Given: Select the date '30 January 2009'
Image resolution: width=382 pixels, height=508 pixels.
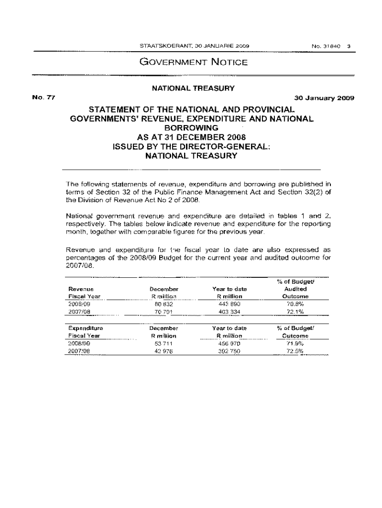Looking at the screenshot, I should coord(324,98).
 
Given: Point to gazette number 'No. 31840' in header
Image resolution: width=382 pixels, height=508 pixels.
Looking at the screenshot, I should coord(325,47).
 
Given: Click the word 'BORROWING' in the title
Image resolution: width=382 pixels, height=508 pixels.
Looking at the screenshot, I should coord(191,127).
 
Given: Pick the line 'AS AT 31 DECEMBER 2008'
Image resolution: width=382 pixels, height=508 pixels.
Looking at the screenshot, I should coord(191,137).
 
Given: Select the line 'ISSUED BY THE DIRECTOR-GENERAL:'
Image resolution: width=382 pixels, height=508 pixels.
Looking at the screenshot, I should coord(191,146).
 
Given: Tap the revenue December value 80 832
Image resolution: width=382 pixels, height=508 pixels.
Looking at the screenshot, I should coord(164,304).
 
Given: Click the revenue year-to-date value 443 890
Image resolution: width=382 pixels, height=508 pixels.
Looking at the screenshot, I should coord(229,304).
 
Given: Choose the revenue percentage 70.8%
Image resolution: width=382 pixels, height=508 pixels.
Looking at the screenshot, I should coord(295,304).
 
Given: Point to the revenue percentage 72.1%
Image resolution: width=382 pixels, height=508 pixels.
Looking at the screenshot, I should coord(295,312).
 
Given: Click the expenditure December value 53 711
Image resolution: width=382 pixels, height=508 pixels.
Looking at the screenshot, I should coord(164,343).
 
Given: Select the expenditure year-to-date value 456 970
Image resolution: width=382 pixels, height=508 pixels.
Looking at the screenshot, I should coord(229,343).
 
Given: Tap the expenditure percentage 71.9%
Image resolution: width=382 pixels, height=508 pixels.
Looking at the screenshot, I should coord(295,343).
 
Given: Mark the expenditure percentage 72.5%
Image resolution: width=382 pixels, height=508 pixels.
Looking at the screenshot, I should coord(295,351).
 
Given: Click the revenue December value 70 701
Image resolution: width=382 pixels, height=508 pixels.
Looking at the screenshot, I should coord(164,312).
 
